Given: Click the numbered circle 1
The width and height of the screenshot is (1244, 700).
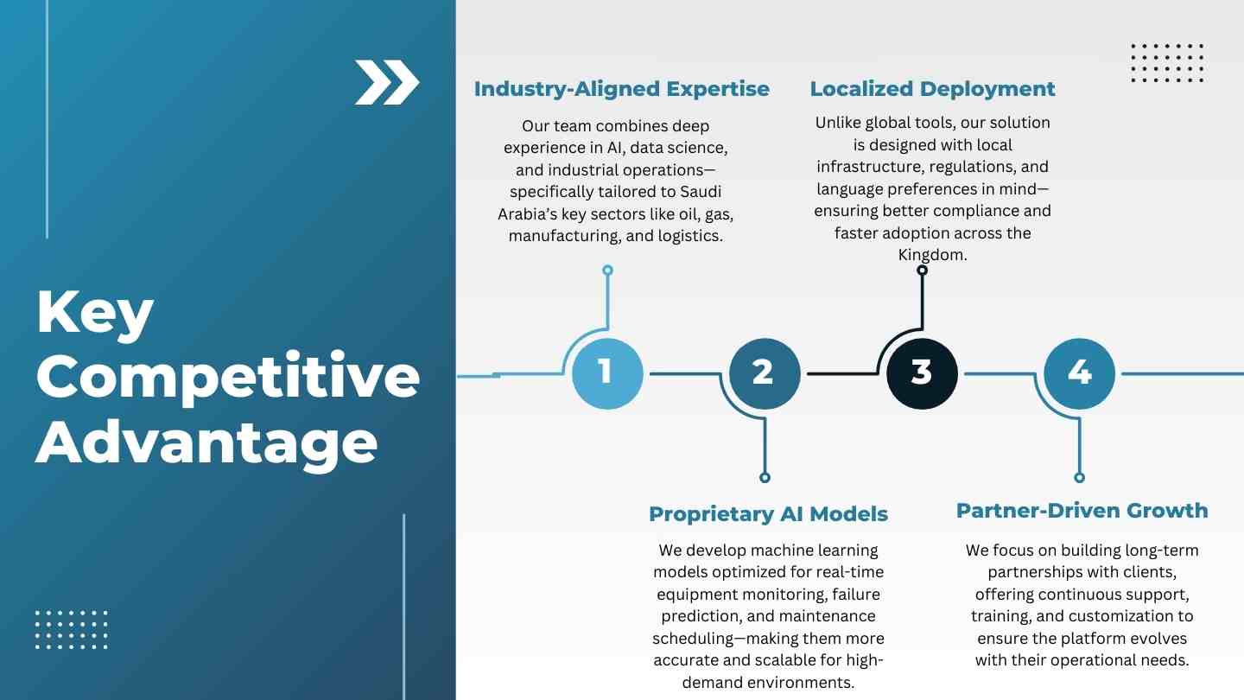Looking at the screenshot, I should (607, 373).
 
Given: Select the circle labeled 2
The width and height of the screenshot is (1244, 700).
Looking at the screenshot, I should (765, 373).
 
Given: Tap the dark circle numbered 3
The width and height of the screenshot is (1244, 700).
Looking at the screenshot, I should (922, 373).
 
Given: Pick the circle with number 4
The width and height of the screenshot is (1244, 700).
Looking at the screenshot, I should (1079, 373).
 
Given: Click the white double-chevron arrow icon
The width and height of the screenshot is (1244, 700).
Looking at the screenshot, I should (386, 83).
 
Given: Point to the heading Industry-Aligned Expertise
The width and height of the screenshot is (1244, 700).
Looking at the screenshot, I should (621, 89).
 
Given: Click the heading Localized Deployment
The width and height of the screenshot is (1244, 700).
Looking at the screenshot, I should (932, 89).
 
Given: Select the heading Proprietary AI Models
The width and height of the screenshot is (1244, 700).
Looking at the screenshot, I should (768, 514).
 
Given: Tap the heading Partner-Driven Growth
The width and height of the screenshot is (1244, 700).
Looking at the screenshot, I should (1082, 511).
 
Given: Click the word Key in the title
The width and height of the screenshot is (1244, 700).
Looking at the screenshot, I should (95, 314).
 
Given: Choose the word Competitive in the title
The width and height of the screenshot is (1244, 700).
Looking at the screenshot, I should (228, 377).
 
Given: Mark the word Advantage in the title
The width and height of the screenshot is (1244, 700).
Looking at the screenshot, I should (206, 442).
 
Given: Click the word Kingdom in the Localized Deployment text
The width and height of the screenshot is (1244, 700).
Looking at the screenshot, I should (932, 255).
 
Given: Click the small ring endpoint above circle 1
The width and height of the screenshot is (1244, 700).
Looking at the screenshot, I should (607, 270).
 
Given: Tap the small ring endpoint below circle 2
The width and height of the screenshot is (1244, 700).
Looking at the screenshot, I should (765, 477).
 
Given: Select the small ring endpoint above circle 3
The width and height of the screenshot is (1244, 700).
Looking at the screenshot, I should (922, 270).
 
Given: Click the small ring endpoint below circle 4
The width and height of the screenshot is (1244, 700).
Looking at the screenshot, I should (1079, 477).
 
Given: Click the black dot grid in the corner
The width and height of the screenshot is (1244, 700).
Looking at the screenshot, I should (1167, 63).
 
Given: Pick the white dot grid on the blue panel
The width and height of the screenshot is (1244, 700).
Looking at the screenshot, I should (72, 629).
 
